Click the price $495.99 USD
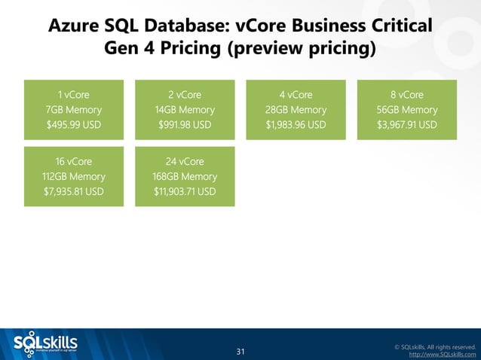(74, 124)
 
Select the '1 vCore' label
(74, 94)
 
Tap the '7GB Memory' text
(74, 109)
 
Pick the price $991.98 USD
(185, 124)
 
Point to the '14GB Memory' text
(185, 109)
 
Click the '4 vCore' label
(296, 94)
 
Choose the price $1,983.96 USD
(296, 124)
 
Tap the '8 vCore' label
(407, 94)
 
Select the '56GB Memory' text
(407, 109)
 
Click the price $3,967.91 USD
(407, 124)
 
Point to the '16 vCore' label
(74, 161)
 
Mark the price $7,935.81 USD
(74, 191)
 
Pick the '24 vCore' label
(185, 161)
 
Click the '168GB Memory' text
(185, 176)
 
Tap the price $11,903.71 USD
(185, 191)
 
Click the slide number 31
(240, 352)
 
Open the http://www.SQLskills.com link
(442, 354)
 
